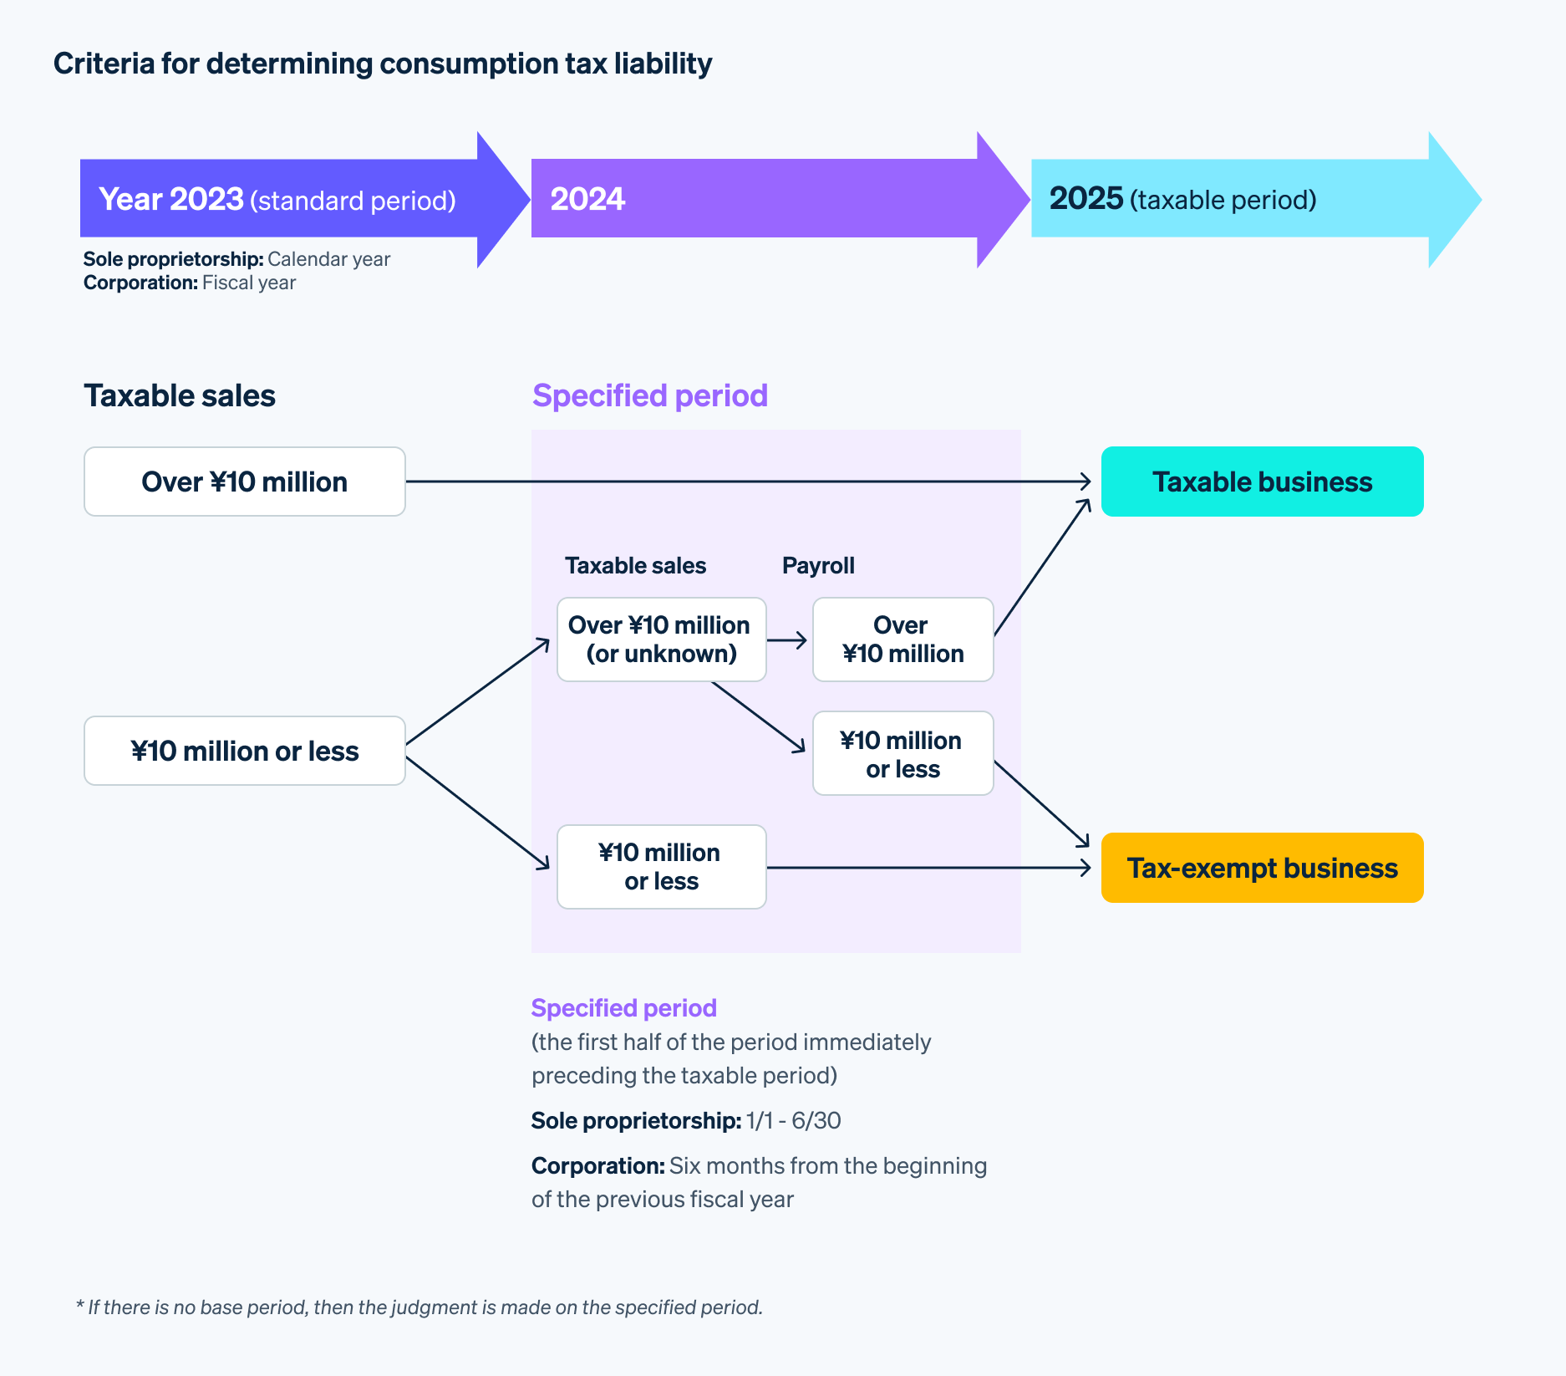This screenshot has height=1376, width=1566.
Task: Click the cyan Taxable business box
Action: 1262,482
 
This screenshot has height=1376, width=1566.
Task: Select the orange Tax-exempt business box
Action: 1262,868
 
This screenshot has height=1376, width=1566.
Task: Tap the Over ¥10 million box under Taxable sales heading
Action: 244,482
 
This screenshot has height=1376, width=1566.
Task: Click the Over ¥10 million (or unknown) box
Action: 661,640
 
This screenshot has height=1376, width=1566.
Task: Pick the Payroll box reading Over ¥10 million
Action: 902,640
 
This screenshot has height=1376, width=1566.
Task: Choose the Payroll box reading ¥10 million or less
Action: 902,754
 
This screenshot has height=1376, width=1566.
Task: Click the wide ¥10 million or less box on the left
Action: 244,751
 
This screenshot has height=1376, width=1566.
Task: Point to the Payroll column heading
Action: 818,566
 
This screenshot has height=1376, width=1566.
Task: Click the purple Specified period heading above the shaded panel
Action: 649,395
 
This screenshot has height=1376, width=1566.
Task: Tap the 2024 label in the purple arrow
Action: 587,199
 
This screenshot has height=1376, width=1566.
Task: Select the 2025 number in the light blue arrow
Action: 1086,198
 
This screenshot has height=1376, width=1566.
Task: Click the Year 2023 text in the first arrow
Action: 171,199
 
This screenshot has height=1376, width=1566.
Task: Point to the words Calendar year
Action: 328,259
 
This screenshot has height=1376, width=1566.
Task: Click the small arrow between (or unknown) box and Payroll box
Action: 788,640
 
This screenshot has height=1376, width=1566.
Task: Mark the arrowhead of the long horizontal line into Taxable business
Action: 1086,482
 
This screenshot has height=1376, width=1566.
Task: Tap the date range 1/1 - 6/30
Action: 793,1121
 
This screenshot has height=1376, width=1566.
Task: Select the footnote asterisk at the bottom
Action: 80,1305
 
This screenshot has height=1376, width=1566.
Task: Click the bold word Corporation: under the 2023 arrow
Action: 140,283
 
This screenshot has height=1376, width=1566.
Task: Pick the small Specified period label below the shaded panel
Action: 623,1008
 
